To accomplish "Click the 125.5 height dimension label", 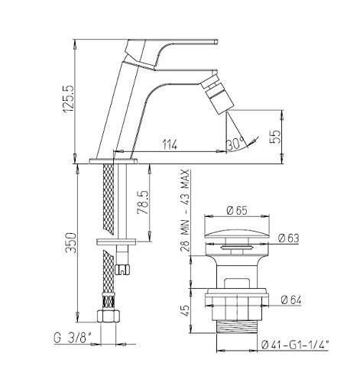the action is (69, 99).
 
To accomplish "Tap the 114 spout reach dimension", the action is (170, 145).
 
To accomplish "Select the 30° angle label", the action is (235, 144).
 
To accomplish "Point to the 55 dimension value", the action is (274, 137).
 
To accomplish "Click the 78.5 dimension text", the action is (143, 202).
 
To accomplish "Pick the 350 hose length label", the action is (70, 242).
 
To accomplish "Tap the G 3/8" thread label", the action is (73, 338).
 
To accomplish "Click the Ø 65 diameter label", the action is (237, 210).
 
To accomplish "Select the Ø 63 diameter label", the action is (289, 238).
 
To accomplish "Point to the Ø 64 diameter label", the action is (291, 299).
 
